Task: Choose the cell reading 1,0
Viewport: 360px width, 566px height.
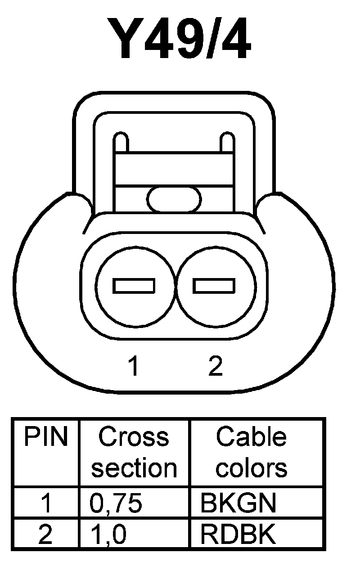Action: (x=108, y=535)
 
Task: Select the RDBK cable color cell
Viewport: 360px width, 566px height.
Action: (x=238, y=535)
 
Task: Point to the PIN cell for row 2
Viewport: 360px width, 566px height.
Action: (x=46, y=535)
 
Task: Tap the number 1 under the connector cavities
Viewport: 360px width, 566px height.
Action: (x=133, y=367)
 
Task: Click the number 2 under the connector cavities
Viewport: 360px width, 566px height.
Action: (x=216, y=367)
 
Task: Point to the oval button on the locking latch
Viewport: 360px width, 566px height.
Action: (x=174, y=199)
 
